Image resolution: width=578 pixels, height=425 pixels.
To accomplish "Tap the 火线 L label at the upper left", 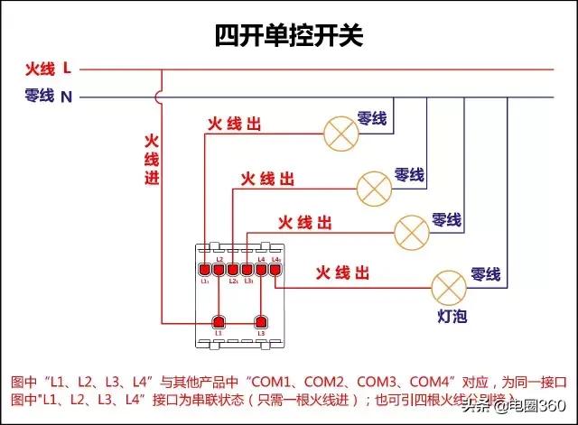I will coord(48,69).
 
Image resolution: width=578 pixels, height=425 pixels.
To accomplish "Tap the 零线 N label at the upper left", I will coord(48,95).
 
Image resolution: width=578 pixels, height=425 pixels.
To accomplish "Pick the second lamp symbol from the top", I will coord(373,187).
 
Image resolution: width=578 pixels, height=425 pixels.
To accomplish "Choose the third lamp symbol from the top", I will coord(411,231).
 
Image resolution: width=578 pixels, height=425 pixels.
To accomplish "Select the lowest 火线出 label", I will coord(342,272).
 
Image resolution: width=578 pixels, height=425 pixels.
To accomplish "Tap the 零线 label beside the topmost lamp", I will coord(372,118).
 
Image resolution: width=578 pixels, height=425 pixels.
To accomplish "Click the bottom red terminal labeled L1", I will coord(218,322).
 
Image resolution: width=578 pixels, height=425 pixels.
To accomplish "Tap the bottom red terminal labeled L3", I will coord(261,322).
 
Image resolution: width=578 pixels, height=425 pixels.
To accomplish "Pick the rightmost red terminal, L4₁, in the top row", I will coord(276,269).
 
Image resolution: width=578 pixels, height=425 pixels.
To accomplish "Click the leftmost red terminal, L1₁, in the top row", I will coord(205,269).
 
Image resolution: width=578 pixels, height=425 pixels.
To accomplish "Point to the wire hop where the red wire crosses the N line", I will coord(161,95).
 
